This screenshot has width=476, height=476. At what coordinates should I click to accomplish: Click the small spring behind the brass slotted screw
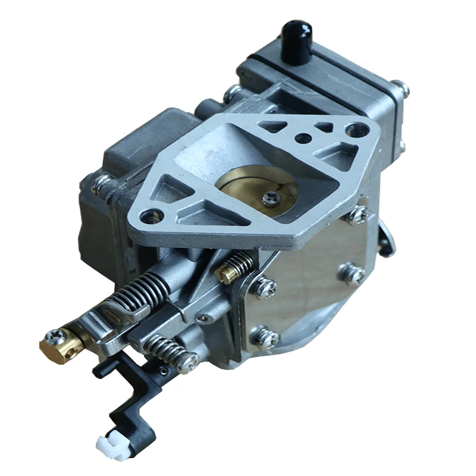(x=242, y=262)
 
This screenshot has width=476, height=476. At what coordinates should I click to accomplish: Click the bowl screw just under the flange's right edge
(x=357, y=215)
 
